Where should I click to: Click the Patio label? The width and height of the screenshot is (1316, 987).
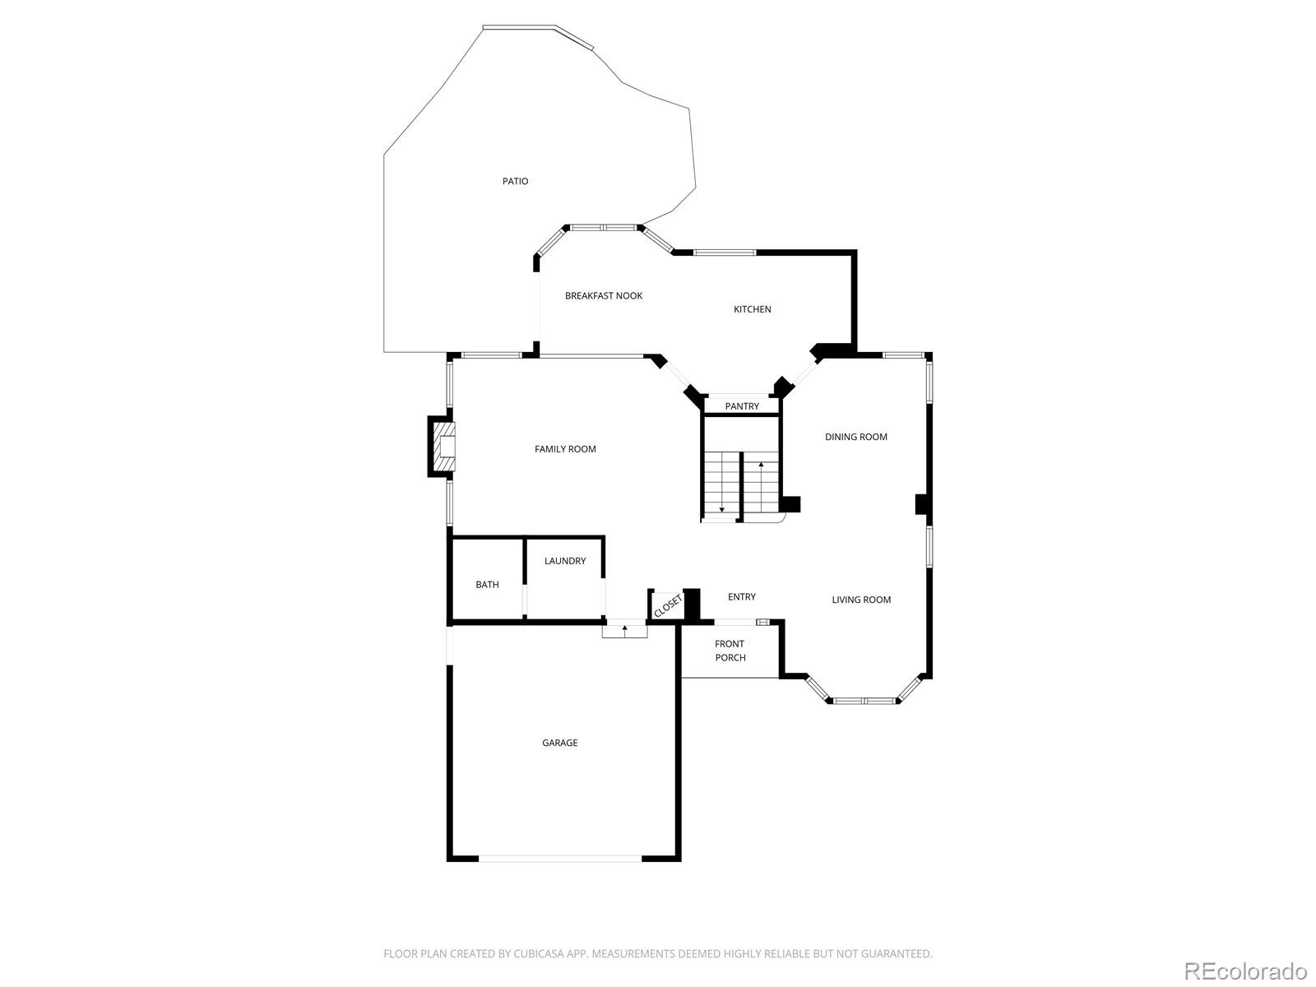pyautogui.click(x=516, y=181)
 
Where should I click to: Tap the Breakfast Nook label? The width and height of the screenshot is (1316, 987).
pyautogui.click(x=604, y=296)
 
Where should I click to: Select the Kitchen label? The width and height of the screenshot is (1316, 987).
pyautogui.click(x=753, y=309)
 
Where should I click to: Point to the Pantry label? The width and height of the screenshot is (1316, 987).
pyautogui.click(x=742, y=406)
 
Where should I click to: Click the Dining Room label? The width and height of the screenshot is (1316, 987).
pyautogui.click(x=856, y=437)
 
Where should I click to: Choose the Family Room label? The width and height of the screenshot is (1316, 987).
pyautogui.click(x=565, y=449)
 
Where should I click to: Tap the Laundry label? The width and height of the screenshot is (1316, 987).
pyautogui.click(x=565, y=561)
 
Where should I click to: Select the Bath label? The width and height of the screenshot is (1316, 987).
pyautogui.click(x=487, y=585)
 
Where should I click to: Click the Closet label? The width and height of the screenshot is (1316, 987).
pyautogui.click(x=668, y=605)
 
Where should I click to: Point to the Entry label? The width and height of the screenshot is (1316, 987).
pyautogui.click(x=742, y=597)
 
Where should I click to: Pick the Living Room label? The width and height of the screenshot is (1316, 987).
pyautogui.click(x=861, y=600)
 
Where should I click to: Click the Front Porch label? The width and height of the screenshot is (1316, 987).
pyautogui.click(x=730, y=651)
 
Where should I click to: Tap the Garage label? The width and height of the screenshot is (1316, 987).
pyautogui.click(x=559, y=743)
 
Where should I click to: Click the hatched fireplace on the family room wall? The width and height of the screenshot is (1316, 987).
pyautogui.click(x=443, y=447)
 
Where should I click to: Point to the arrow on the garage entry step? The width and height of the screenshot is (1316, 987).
pyautogui.click(x=625, y=630)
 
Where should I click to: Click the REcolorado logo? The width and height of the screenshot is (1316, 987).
pyautogui.click(x=1245, y=971)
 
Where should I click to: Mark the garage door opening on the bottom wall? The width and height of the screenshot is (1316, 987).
pyautogui.click(x=559, y=859)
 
